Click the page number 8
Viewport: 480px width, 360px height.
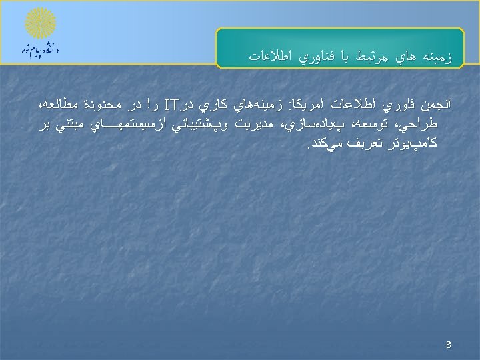pos(449,345)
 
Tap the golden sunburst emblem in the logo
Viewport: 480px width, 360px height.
pos(41,23)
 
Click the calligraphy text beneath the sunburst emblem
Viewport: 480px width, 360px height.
pos(41,50)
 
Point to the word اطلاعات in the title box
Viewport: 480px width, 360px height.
pos(271,57)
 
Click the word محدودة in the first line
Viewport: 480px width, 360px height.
pos(107,105)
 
